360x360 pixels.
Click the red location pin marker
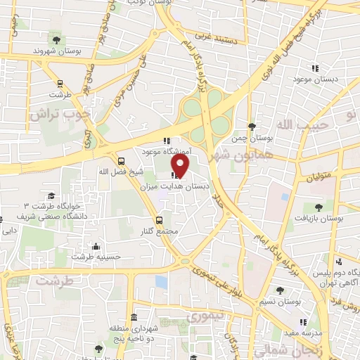[x=181, y=165]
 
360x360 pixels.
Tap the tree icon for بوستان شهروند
[x=55, y=39]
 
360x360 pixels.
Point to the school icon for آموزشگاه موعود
[x=166, y=140]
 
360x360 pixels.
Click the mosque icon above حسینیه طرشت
[x=96, y=247]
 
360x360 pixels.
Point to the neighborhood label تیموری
[x=205, y=317]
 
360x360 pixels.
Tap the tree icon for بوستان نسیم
[x=281, y=289]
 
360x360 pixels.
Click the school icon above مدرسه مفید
[x=295, y=321]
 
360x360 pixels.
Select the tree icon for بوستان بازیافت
[x=319, y=207]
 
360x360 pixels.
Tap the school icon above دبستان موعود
[x=315, y=68]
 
